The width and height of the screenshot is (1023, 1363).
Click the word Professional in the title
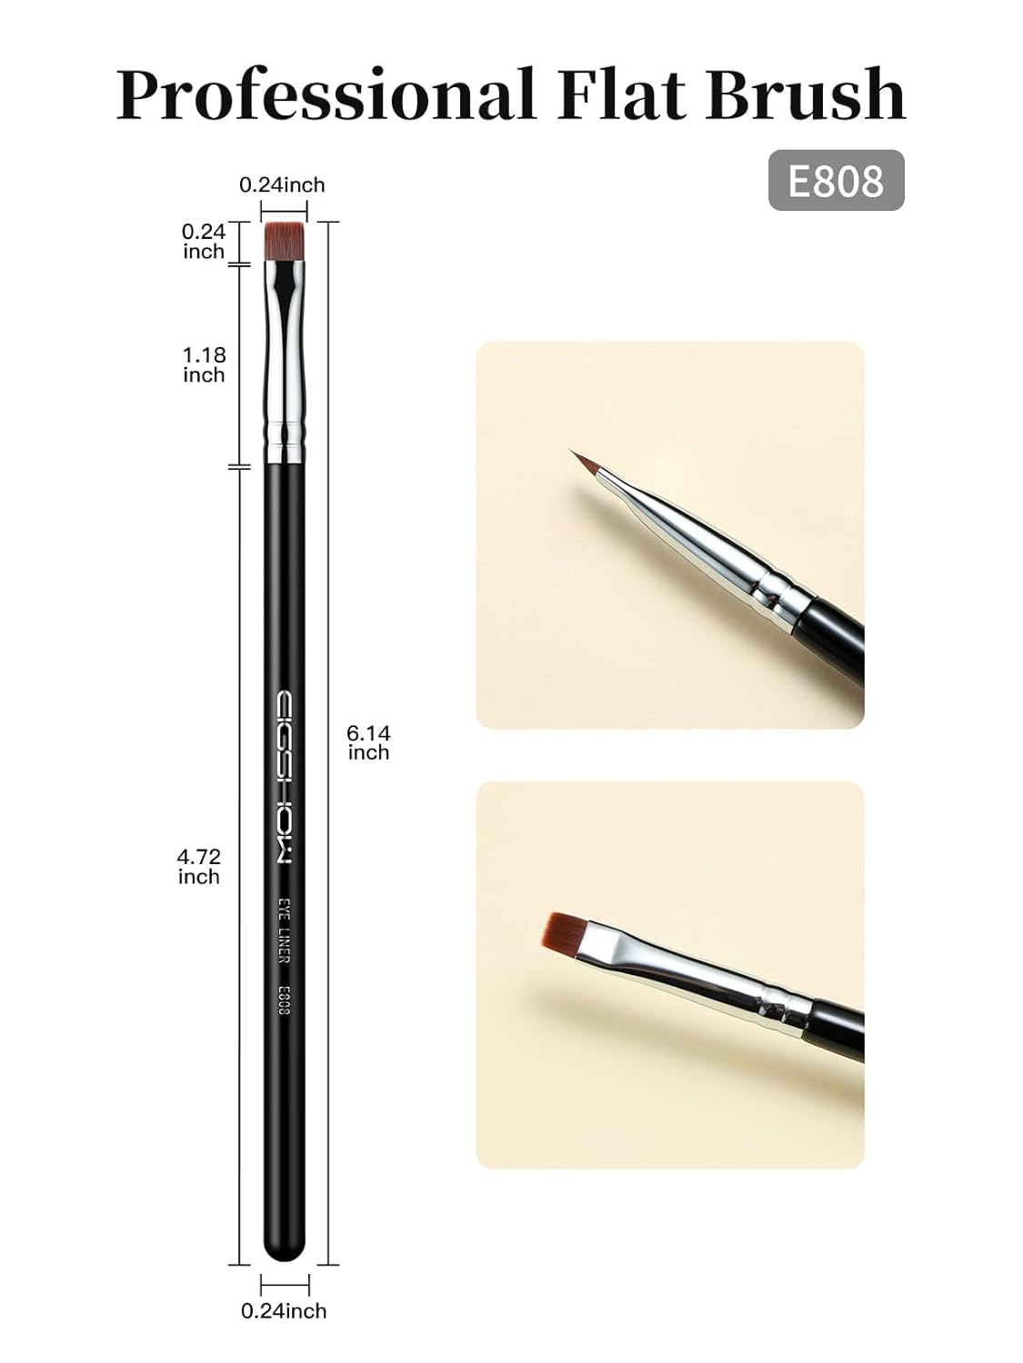coord(325,95)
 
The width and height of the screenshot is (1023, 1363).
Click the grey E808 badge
coord(836,180)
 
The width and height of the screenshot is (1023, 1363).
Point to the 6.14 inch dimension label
coord(368,742)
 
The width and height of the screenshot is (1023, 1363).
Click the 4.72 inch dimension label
coord(199,866)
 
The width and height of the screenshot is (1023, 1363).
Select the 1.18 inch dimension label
coord(204,364)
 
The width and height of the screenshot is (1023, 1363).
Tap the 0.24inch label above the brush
coord(282,185)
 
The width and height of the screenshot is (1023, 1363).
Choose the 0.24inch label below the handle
coord(284,1310)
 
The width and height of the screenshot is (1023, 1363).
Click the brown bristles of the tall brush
coord(285,241)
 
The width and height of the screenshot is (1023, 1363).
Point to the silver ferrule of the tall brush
coord(285,363)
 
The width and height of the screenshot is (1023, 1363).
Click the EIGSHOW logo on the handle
coord(285,779)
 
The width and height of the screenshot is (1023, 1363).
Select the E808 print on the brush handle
coord(284,1000)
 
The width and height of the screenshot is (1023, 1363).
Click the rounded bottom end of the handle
coord(285,1249)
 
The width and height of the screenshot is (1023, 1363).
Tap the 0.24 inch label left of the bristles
coord(204,242)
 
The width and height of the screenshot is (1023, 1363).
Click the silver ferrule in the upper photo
coord(718,550)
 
